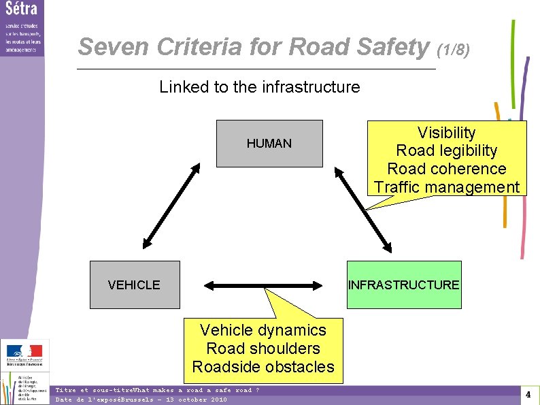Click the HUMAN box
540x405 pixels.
[x=269, y=144]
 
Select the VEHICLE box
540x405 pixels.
[x=135, y=285]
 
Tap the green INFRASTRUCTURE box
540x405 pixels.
[x=404, y=285]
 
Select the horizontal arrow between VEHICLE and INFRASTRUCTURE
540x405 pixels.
[x=263, y=285]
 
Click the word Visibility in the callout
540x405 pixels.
[x=446, y=133]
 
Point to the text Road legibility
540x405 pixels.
[x=446, y=150]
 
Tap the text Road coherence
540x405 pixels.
[x=446, y=169]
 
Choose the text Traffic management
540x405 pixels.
[x=446, y=187]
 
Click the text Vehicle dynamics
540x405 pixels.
[x=263, y=330]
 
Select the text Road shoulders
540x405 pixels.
[x=263, y=349]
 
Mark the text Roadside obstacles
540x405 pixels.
[x=263, y=367]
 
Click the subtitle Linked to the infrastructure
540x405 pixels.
[x=259, y=87]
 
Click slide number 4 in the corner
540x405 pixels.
[x=528, y=394]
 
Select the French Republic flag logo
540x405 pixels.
[x=24, y=352]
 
